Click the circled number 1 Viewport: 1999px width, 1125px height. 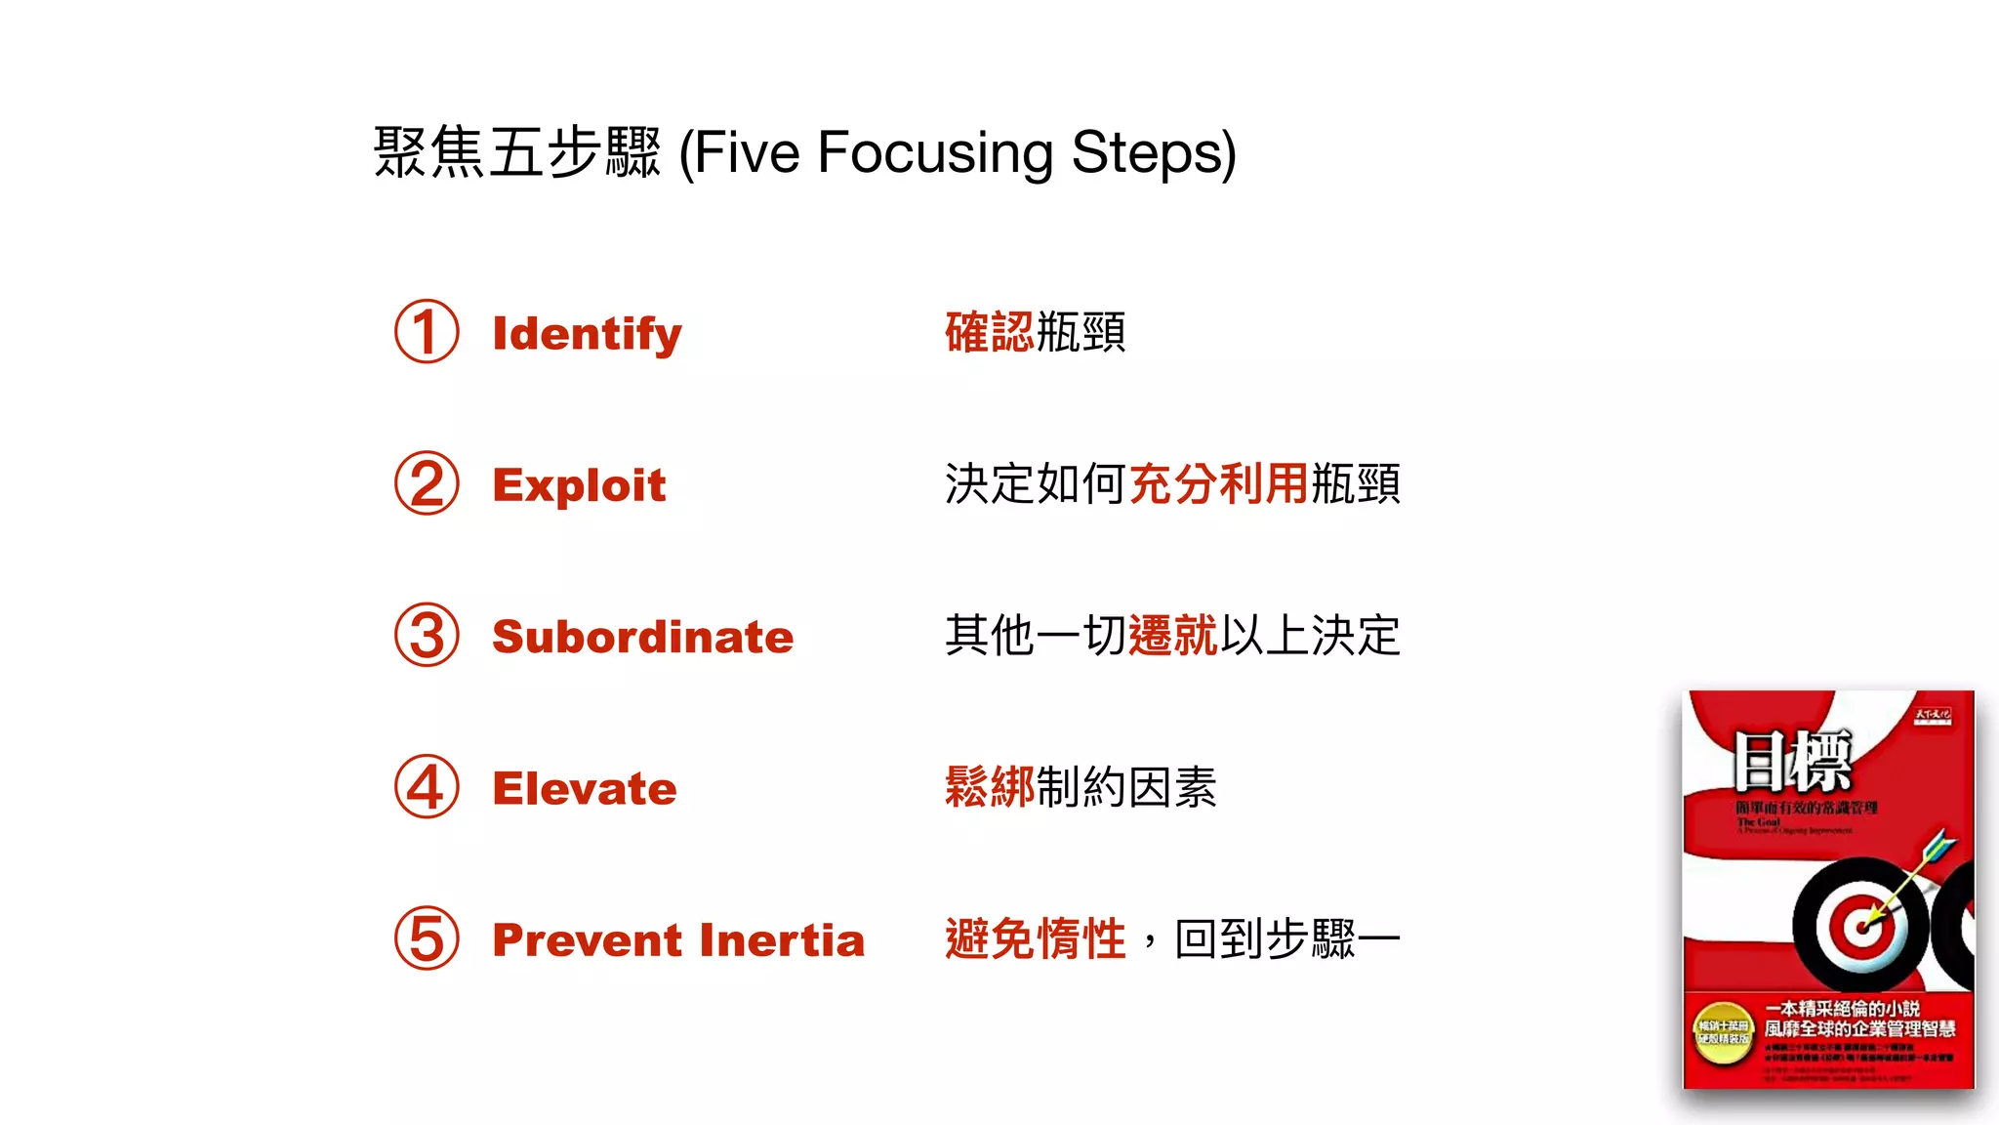(x=427, y=332)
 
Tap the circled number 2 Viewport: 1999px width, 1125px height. (x=427, y=483)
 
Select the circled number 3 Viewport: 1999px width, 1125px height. (x=427, y=636)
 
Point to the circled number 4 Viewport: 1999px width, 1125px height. (x=427, y=787)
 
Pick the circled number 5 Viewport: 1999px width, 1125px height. (x=427, y=938)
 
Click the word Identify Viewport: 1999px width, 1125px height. (x=587, y=334)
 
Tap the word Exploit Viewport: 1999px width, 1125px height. (x=579, y=485)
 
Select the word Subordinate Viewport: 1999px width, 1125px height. (x=642, y=637)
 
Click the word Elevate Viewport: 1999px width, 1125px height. (x=584, y=788)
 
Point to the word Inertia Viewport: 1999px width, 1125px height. (x=782, y=939)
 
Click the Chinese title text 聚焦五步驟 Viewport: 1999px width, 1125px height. (x=517, y=153)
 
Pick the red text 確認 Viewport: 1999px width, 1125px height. (x=989, y=332)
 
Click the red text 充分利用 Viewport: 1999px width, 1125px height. (x=1218, y=483)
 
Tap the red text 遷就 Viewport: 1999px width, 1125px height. (x=1172, y=636)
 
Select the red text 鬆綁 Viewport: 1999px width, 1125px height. (x=989, y=787)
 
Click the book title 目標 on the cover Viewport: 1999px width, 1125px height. (x=1792, y=762)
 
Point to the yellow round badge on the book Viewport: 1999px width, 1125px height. (x=1723, y=1033)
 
